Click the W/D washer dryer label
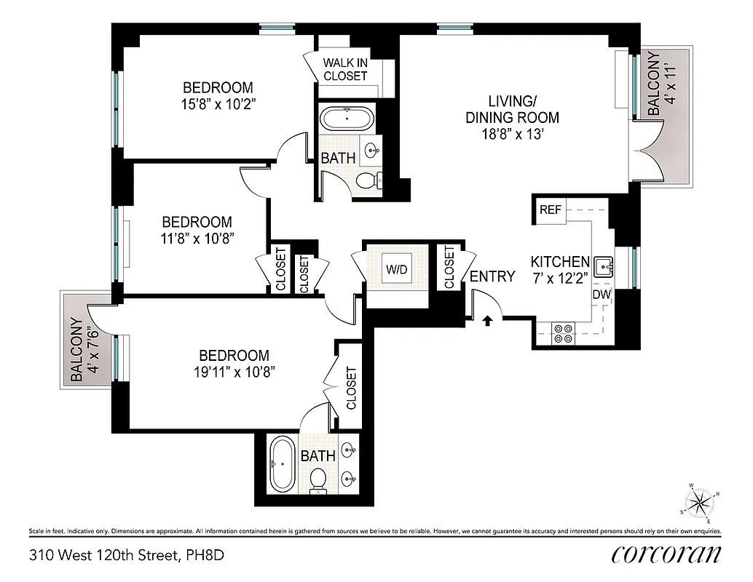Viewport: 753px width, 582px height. (396, 269)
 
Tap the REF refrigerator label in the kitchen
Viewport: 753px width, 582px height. (551, 210)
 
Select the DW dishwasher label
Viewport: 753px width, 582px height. (601, 295)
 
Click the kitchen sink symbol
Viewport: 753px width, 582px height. (603, 267)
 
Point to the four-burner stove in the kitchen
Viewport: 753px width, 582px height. (563, 333)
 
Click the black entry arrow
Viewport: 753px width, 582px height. (488, 319)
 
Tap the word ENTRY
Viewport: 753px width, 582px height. (492, 276)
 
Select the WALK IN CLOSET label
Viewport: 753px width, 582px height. (345, 69)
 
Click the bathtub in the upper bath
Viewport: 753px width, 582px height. (346, 118)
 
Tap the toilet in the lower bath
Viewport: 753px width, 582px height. (318, 479)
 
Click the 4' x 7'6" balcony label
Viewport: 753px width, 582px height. (82, 350)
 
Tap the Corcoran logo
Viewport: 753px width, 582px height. (666, 554)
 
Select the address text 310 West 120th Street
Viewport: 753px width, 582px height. (104, 556)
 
